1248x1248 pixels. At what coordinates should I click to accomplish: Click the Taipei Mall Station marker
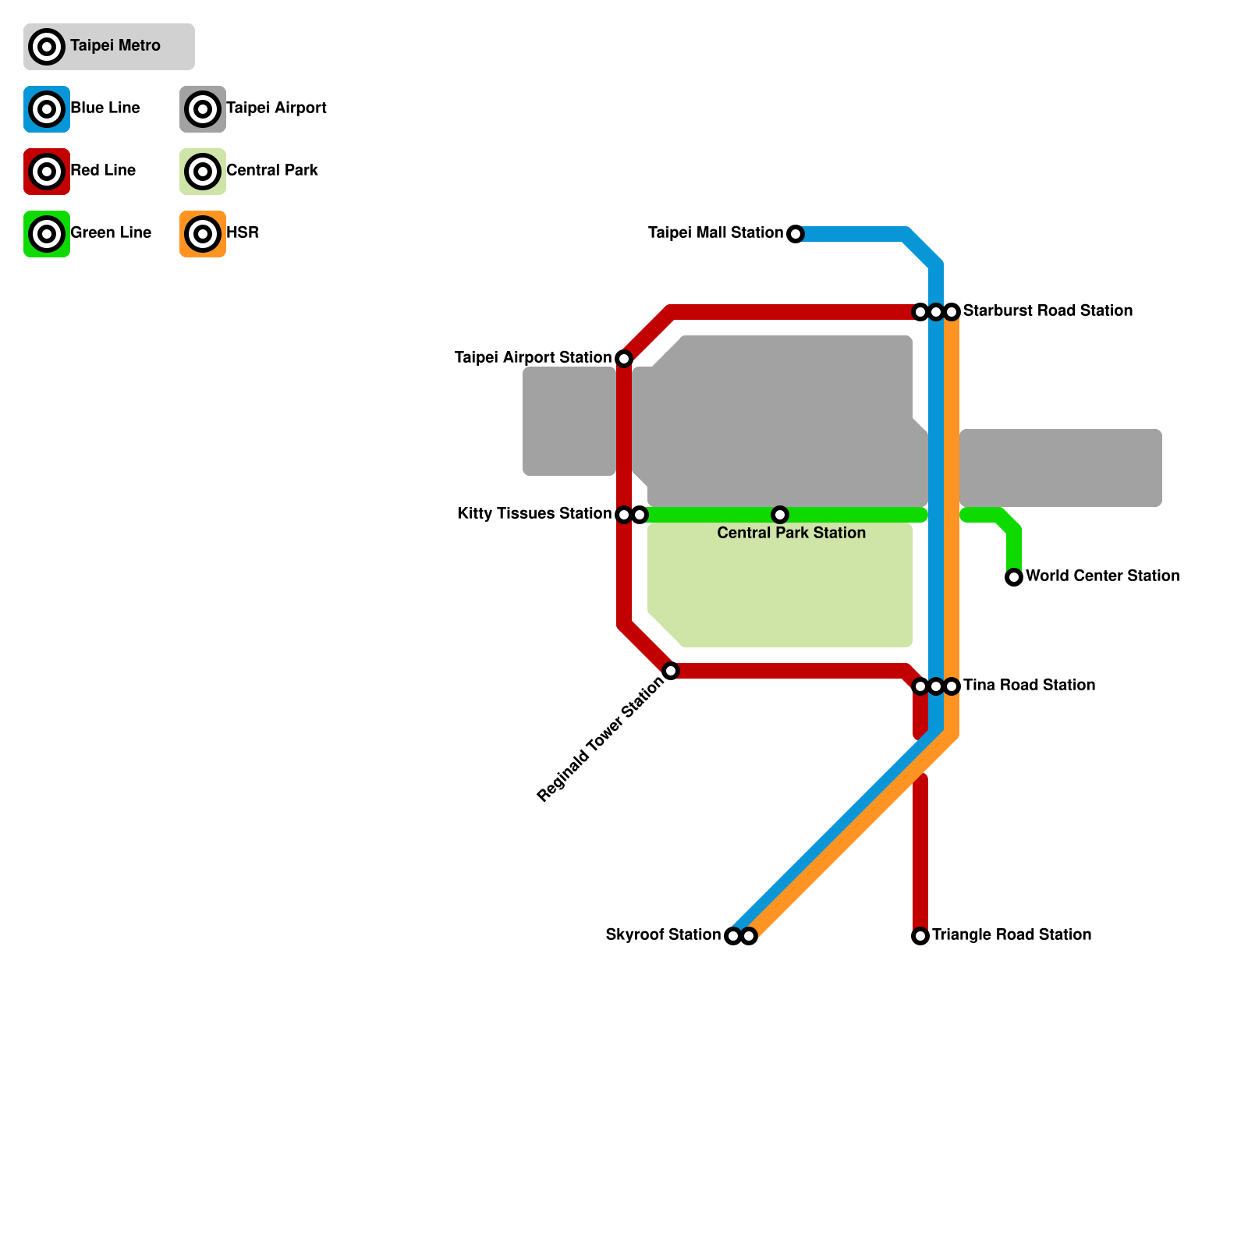pyautogui.click(x=795, y=234)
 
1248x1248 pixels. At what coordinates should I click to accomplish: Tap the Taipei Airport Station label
pyautogui.click(x=533, y=358)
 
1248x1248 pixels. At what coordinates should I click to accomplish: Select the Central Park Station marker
pyautogui.click(x=780, y=515)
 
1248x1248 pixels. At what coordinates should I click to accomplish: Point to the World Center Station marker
pyautogui.click(x=1014, y=577)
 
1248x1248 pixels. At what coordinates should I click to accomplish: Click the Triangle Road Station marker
pyautogui.click(x=920, y=936)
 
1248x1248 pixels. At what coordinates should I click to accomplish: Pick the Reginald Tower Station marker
pyautogui.click(x=671, y=671)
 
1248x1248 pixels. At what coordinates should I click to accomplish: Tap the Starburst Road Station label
pyautogui.click(x=1048, y=311)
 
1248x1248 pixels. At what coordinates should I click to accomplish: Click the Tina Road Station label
pyautogui.click(x=1029, y=686)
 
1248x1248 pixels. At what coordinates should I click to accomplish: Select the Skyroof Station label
pyautogui.click(x=663, y=935)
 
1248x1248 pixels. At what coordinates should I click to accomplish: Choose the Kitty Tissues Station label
pyautogui.click(x=534, y=514)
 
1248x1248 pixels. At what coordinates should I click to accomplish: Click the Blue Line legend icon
pyautogui.click(x=47, y=109)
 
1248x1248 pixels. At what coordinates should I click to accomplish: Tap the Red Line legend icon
pyautogui.click(x=47, y=172)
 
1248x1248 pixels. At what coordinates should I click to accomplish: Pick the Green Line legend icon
pyautogui.click(x=47, y=234)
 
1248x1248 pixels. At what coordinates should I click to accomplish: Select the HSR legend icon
pyautogui.click(x=203, y=234)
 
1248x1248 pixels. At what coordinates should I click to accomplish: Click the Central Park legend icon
pyautogui.click(x=203, y=172)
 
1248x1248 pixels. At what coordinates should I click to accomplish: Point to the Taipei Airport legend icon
pyautogui.click(x=203, y=109)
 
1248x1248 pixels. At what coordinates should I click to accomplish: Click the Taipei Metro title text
pyautogui.click(x=115, y=46)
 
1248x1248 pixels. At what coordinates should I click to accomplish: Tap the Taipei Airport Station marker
pyautogui.click(x=624, y=359)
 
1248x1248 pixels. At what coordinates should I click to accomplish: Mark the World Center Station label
pyautogui.click(x=1102, y=576)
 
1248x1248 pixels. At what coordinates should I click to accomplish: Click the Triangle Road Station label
pyautogui.click(x=1012, y=935)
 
